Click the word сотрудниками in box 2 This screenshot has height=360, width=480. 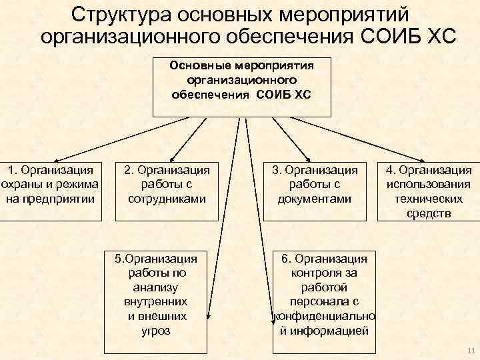click(166, 199)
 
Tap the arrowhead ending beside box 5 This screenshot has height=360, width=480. click(209, 319)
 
